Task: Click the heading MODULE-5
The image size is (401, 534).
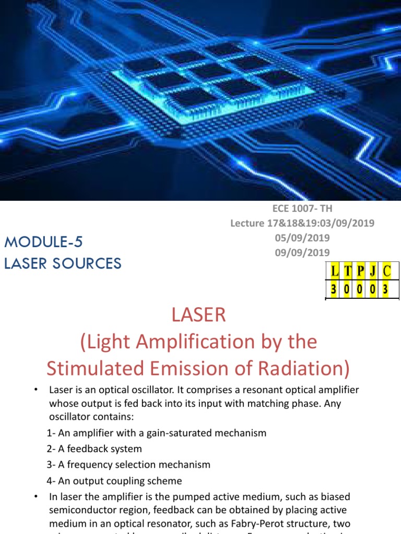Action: click(43, 242)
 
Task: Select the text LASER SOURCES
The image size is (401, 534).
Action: click(63, 263)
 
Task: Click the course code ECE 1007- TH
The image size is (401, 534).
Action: click(302, 209)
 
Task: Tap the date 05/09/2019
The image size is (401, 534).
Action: click(302, 238)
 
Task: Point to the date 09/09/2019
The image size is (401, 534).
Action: click(302, 252)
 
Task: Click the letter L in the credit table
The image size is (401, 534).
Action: click(334, 271)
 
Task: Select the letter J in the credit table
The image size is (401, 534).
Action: click(373, 271)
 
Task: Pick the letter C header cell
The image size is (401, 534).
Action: click(386, 271)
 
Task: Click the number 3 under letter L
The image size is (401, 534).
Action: click(334, 288)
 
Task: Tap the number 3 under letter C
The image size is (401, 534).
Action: click(386, 288)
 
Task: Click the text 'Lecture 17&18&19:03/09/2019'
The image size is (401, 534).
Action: click(302, 223)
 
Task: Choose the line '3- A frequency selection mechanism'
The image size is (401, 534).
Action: click(128, 465)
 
